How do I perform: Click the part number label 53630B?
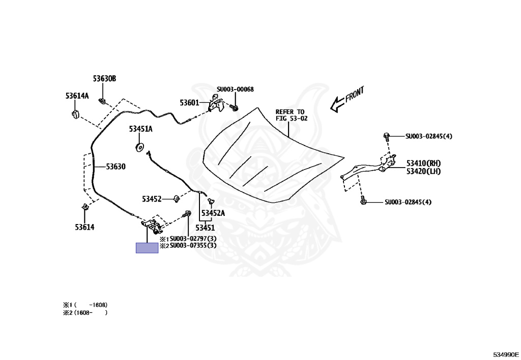click(x=104, y=79)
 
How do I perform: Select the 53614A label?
click(x=77, y=96)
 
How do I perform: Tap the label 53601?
click(x=189, y=103)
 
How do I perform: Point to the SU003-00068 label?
click(x=235, y=90)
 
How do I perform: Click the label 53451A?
click(x=140, y=129)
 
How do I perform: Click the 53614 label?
click(x=84, y=227)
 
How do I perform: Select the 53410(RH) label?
click(x=423, y=163)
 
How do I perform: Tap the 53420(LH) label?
click(x=423, y=171)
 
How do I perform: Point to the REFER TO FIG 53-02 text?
click(x=290, y=115)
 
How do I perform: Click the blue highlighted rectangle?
click(x=147, y=248)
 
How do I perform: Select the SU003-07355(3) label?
click(x=193, y=245)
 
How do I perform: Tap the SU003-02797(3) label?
click(x=193, y=238)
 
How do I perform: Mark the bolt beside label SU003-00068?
click(x=235, y=107)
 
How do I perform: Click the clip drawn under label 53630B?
click(x=102, y=100)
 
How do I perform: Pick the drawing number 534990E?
click(x=505, y=354)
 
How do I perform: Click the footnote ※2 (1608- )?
click(x=85, y=313)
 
